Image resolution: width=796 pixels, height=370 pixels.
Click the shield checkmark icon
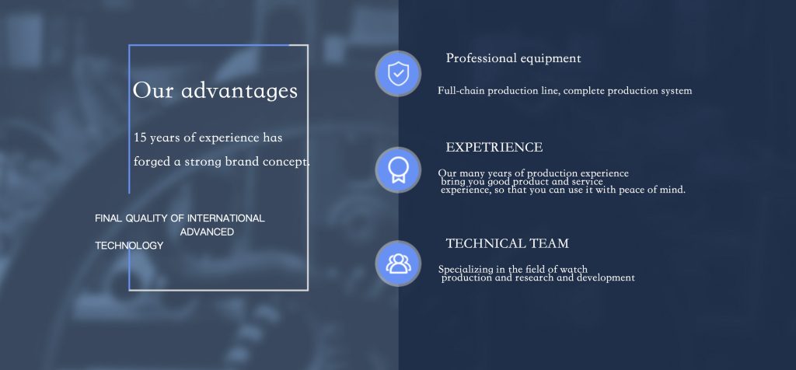[398, 74]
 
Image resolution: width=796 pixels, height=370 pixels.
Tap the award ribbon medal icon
[398, 170]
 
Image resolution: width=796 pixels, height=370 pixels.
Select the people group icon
[398, 264]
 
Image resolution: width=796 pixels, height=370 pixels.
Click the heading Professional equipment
[513, 58]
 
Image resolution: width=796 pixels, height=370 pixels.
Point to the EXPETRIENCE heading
[494, 147]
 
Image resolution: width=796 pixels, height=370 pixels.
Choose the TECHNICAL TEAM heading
[507, 243]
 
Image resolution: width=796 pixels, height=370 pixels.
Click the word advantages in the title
[239, 91]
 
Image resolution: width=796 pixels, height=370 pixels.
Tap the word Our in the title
[153, 91]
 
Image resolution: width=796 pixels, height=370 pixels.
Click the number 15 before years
[140, 138]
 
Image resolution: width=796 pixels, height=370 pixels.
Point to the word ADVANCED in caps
[207, 232]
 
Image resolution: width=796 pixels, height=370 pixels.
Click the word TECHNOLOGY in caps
[129, 246]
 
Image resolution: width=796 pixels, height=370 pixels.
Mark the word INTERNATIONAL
[226, 218]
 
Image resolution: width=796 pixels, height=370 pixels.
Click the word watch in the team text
[574, 270]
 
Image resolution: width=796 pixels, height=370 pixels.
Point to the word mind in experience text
[672, 190]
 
